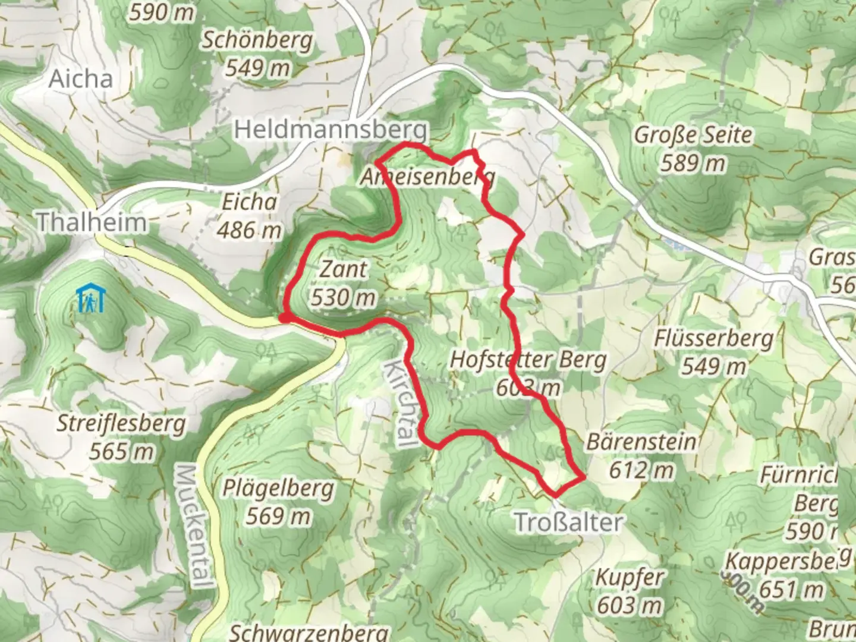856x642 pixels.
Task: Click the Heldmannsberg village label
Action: pyautogui.click(x=331, y=130)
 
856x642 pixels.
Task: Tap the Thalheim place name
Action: pyautogui.click(x=92, y=222)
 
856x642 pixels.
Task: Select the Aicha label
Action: pyautogui.click(x=80, y=79)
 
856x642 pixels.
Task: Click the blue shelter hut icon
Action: pyautogui.click(x=90, y=299)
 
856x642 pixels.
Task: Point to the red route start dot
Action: pyautogui.click(x=285, y=319)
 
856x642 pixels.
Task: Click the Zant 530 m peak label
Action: pyautogui.click(x=344, y=283)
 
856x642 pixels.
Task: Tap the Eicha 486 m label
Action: pyautogui.click(x=249, y=216)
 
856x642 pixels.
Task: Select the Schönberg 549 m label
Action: pyautogui.click(x=257, y=54)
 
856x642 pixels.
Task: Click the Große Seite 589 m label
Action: pyautogui.click(x=693, y=148)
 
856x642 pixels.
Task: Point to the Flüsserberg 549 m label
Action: pyautogui.click(x=714, y=352)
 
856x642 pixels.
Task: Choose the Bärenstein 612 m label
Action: pyautogui.click(x=641, y=456)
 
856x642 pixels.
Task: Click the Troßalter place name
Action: pyautogui.click(x=568, y=523)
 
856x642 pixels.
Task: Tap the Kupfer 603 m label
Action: pyautogui.click(x=630, y=591)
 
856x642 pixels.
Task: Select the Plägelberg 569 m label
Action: pyautogui.click(x=278, y=502)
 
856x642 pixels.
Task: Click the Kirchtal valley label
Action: pyautogui.click(x=398, y=402)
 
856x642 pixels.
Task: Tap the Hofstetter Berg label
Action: pyautogui.click(x=528, y=360)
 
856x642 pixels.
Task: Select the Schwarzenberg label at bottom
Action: pyautogui.click(x=309, y=632)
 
